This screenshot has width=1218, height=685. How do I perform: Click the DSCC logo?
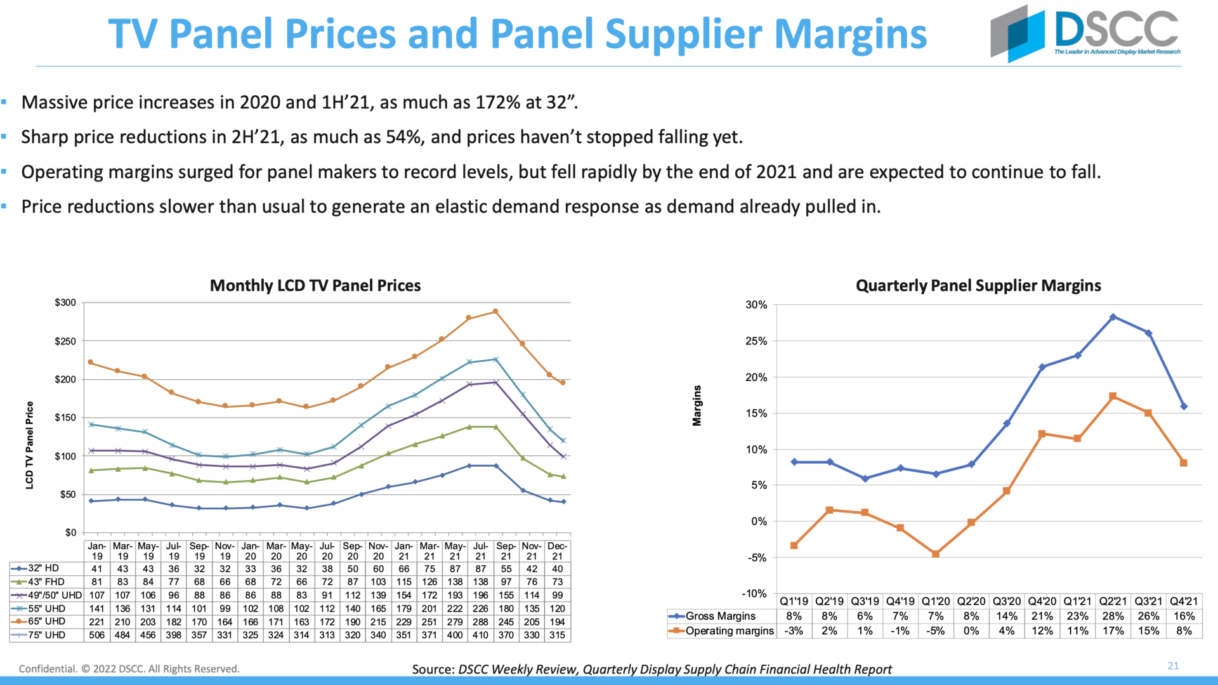coord(1085,33)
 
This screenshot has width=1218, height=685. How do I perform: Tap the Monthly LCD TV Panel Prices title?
coord(315,285)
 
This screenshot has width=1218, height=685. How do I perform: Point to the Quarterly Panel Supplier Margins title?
coord(978,285)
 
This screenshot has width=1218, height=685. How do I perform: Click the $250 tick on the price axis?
coord(65,341)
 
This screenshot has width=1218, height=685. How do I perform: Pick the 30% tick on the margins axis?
coord(756,305)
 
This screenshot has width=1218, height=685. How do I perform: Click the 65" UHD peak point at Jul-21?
coord(495,311)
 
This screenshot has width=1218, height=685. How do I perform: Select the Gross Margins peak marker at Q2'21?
coord(1113,317)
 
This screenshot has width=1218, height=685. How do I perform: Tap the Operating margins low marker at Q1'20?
coord(936,554)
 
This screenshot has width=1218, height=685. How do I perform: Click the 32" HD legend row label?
coord(43,568)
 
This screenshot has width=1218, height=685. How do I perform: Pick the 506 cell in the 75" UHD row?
coord(97,635)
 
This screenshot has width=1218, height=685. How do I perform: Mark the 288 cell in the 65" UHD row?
coord(480,622)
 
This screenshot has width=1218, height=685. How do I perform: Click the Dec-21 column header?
coord(557,551)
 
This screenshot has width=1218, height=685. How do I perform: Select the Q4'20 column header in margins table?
coord(1042,601)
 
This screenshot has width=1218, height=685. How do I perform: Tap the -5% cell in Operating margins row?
coord(936,631)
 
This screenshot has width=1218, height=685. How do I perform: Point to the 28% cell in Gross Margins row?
coord(1113,616)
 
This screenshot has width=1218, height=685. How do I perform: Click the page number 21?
coord(1173,665)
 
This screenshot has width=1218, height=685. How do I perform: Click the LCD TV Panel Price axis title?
coord(29,445)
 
